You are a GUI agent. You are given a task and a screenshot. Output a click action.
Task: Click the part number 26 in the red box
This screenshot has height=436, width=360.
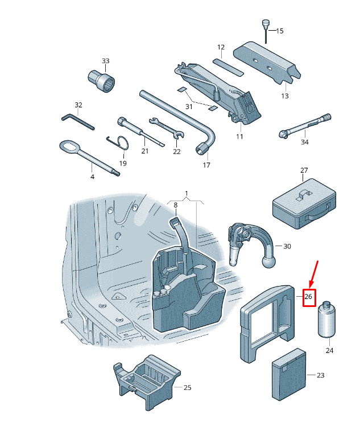click(309, 297)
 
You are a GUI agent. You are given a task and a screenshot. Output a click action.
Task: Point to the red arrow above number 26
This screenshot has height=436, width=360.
click(313, 273)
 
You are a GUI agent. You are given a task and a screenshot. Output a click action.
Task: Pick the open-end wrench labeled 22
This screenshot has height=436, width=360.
click(164, 127)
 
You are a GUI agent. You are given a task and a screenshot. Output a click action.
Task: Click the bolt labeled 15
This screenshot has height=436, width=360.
click(266, 28)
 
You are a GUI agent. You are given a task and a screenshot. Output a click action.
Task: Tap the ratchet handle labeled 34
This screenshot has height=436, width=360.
click(304, 126)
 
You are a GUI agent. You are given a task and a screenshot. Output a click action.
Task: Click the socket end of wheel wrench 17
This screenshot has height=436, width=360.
click(202, 151)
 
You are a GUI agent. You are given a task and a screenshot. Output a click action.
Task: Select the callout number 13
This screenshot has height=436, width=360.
click(285, 96)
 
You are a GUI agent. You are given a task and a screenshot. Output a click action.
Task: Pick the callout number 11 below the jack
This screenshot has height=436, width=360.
click(239, 136)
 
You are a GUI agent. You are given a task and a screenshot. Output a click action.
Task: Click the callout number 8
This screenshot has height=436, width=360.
click(176, 205)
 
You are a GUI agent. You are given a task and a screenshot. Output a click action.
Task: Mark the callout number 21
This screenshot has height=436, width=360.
click(144, 151)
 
